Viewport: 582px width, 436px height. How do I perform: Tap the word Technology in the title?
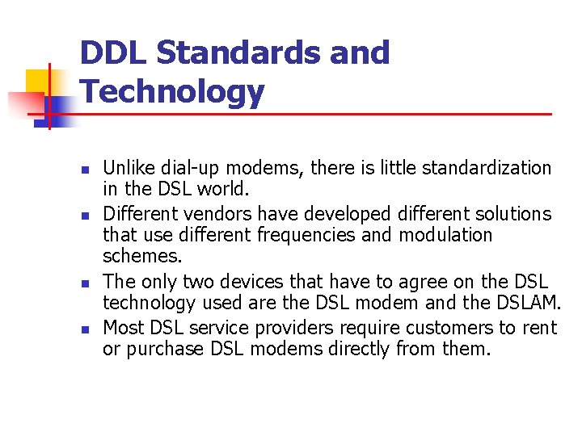click(x=172, y=92)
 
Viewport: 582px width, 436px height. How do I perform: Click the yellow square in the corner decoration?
click(x=39, y=82)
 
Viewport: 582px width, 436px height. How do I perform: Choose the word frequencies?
click(x=295, y=235)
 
